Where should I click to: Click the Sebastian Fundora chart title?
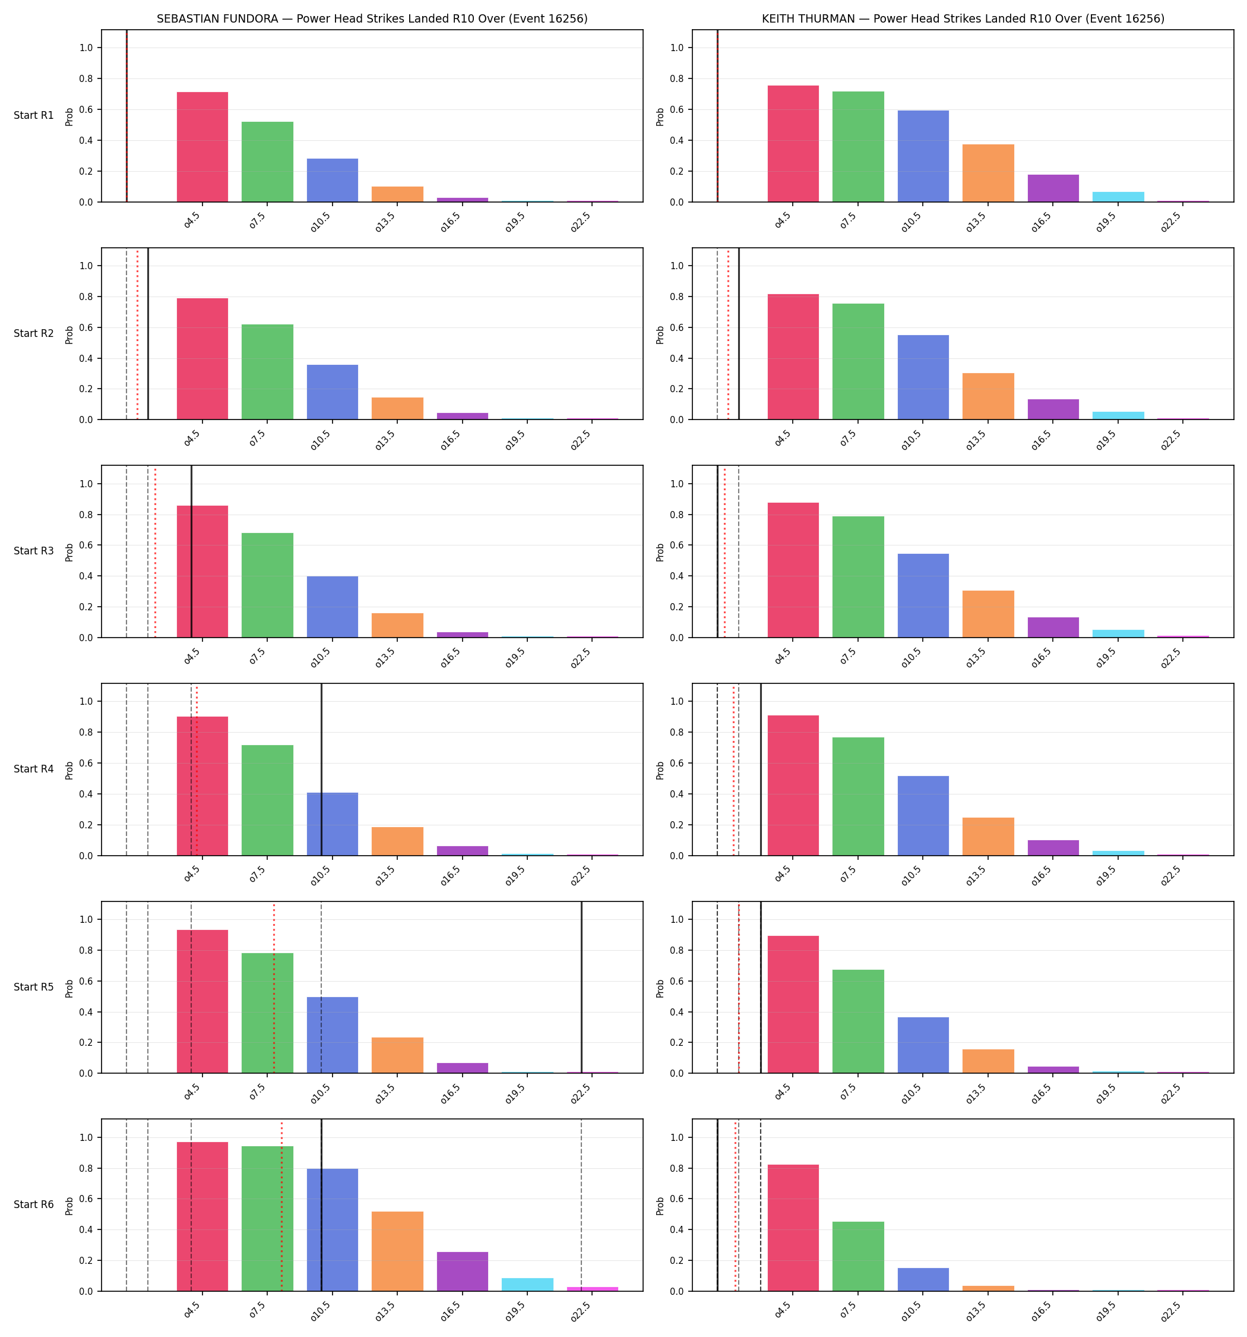point(372,19)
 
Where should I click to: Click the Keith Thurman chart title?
point(963,19)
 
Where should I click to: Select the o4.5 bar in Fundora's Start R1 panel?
point(202,147)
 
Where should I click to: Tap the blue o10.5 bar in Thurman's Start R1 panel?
point(923,156)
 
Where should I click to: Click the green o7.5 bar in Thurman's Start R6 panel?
point(859,1256)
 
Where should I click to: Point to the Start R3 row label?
point(34,551)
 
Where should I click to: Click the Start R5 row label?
point(34,986)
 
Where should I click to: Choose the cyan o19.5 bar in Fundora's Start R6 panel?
point(528,1284)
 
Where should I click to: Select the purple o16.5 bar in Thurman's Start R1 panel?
point(1053,188)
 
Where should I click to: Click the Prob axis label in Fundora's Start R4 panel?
point(69,770)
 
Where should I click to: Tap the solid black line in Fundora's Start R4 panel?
point(321,770)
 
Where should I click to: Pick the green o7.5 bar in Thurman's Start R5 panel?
point(859,1021)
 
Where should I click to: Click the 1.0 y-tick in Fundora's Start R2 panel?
point(87,266)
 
